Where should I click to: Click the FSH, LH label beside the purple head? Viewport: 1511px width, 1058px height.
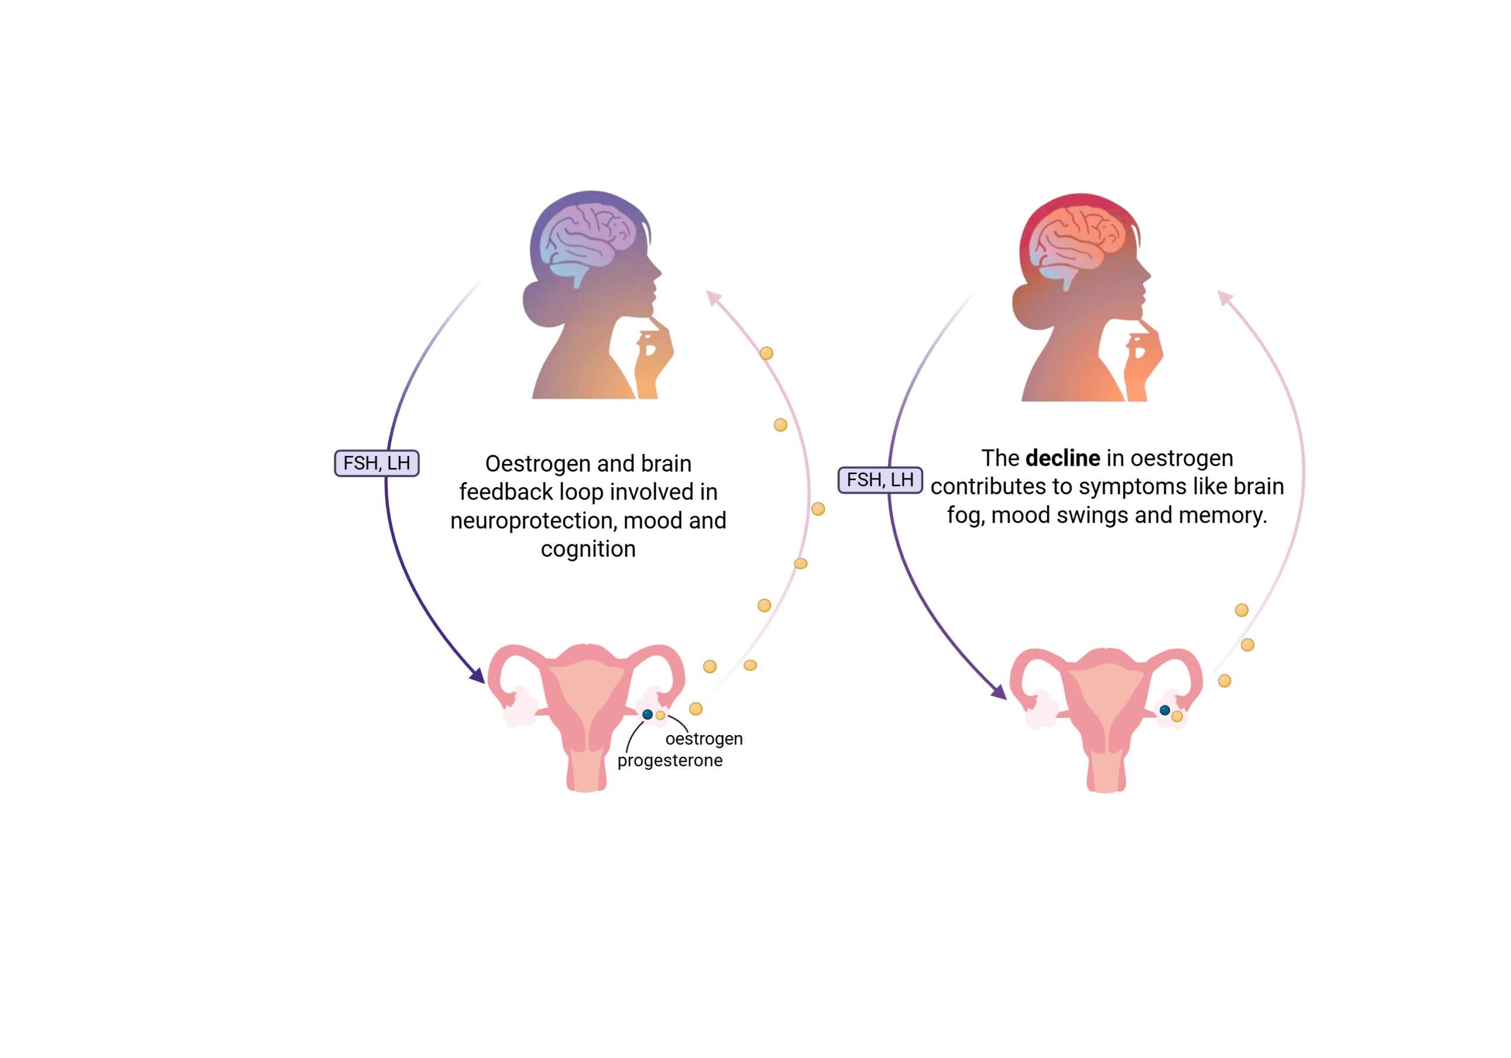tap(377, 463)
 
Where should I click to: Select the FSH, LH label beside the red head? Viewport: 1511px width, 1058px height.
tap(880, 480)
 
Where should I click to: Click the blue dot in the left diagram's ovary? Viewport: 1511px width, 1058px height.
tap(647, 714)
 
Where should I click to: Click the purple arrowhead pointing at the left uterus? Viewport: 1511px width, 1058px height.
tap(477, 675)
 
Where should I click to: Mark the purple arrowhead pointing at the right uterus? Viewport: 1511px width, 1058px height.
tap(1000, 692)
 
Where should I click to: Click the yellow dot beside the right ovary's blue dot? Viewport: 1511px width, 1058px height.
tap(1178, 716)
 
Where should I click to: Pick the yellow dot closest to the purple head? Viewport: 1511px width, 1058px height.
tap(767, 354)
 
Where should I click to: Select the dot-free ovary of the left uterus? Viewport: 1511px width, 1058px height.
tap(520, 708)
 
